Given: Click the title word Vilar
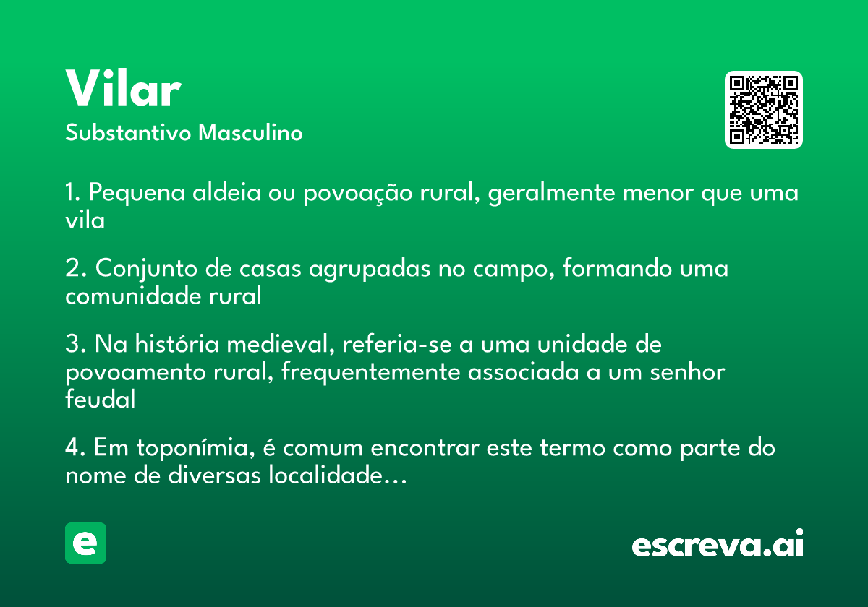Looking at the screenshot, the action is (123, 88).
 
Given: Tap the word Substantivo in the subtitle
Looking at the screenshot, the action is (128, 132).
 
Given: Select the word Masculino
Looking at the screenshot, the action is (250, 132).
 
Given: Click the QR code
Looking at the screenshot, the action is (763, 110).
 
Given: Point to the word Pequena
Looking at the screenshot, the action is (137, 194).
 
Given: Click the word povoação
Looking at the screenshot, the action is (357, 194).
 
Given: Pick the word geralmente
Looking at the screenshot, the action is (551, 194).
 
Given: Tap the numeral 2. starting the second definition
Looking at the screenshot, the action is (76, 268).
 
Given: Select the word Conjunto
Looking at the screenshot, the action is (146, 269).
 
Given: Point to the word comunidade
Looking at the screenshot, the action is (133, 296).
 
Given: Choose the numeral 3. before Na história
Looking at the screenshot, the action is (76, 344).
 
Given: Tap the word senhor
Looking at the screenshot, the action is (687, 371).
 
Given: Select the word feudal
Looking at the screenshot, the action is (101, 399).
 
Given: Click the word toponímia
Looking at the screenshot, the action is (196, 448).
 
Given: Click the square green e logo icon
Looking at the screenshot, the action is (85, 543).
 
